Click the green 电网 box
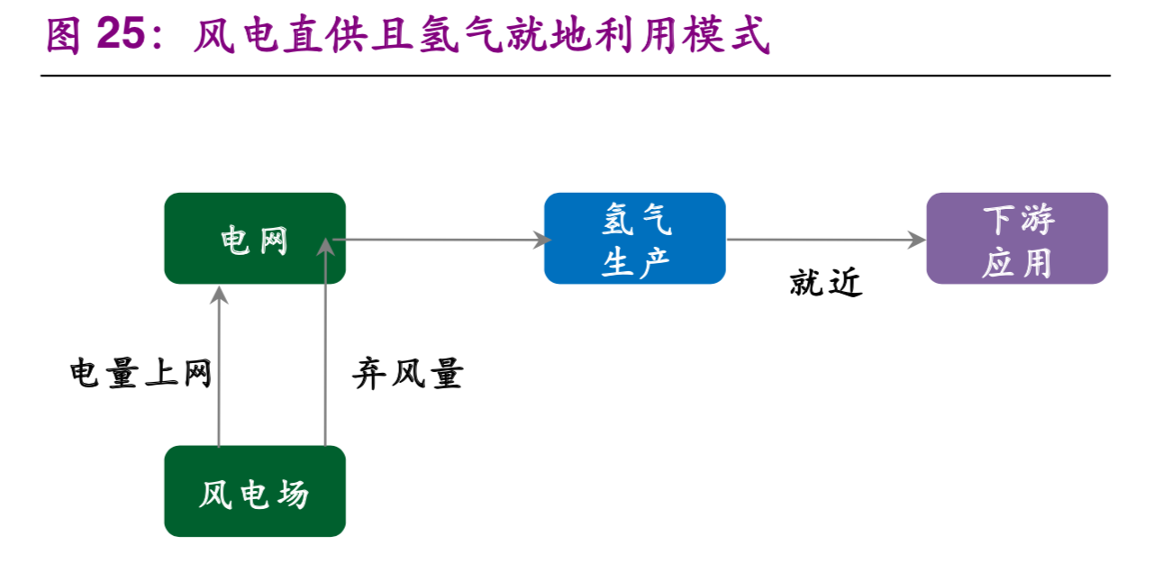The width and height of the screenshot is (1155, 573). (255, 239)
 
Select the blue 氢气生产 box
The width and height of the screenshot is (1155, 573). (634, 239)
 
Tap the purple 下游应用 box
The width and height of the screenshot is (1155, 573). (1016, 239)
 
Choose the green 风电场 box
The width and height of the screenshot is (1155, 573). (255, 492)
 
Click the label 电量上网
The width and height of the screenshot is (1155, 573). (141, 373)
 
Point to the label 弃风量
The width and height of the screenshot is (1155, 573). (407, 374)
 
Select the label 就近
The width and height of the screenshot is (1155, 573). (825, 283)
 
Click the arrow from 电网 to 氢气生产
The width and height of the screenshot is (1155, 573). (441, 240)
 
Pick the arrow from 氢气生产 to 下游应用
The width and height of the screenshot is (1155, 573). (825, 240)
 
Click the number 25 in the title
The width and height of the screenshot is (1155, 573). (120, 36)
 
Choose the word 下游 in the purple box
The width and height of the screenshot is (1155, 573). (1018, 220)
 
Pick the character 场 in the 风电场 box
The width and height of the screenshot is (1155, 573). (292, 494)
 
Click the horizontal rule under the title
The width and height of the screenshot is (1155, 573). (577, 76)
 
